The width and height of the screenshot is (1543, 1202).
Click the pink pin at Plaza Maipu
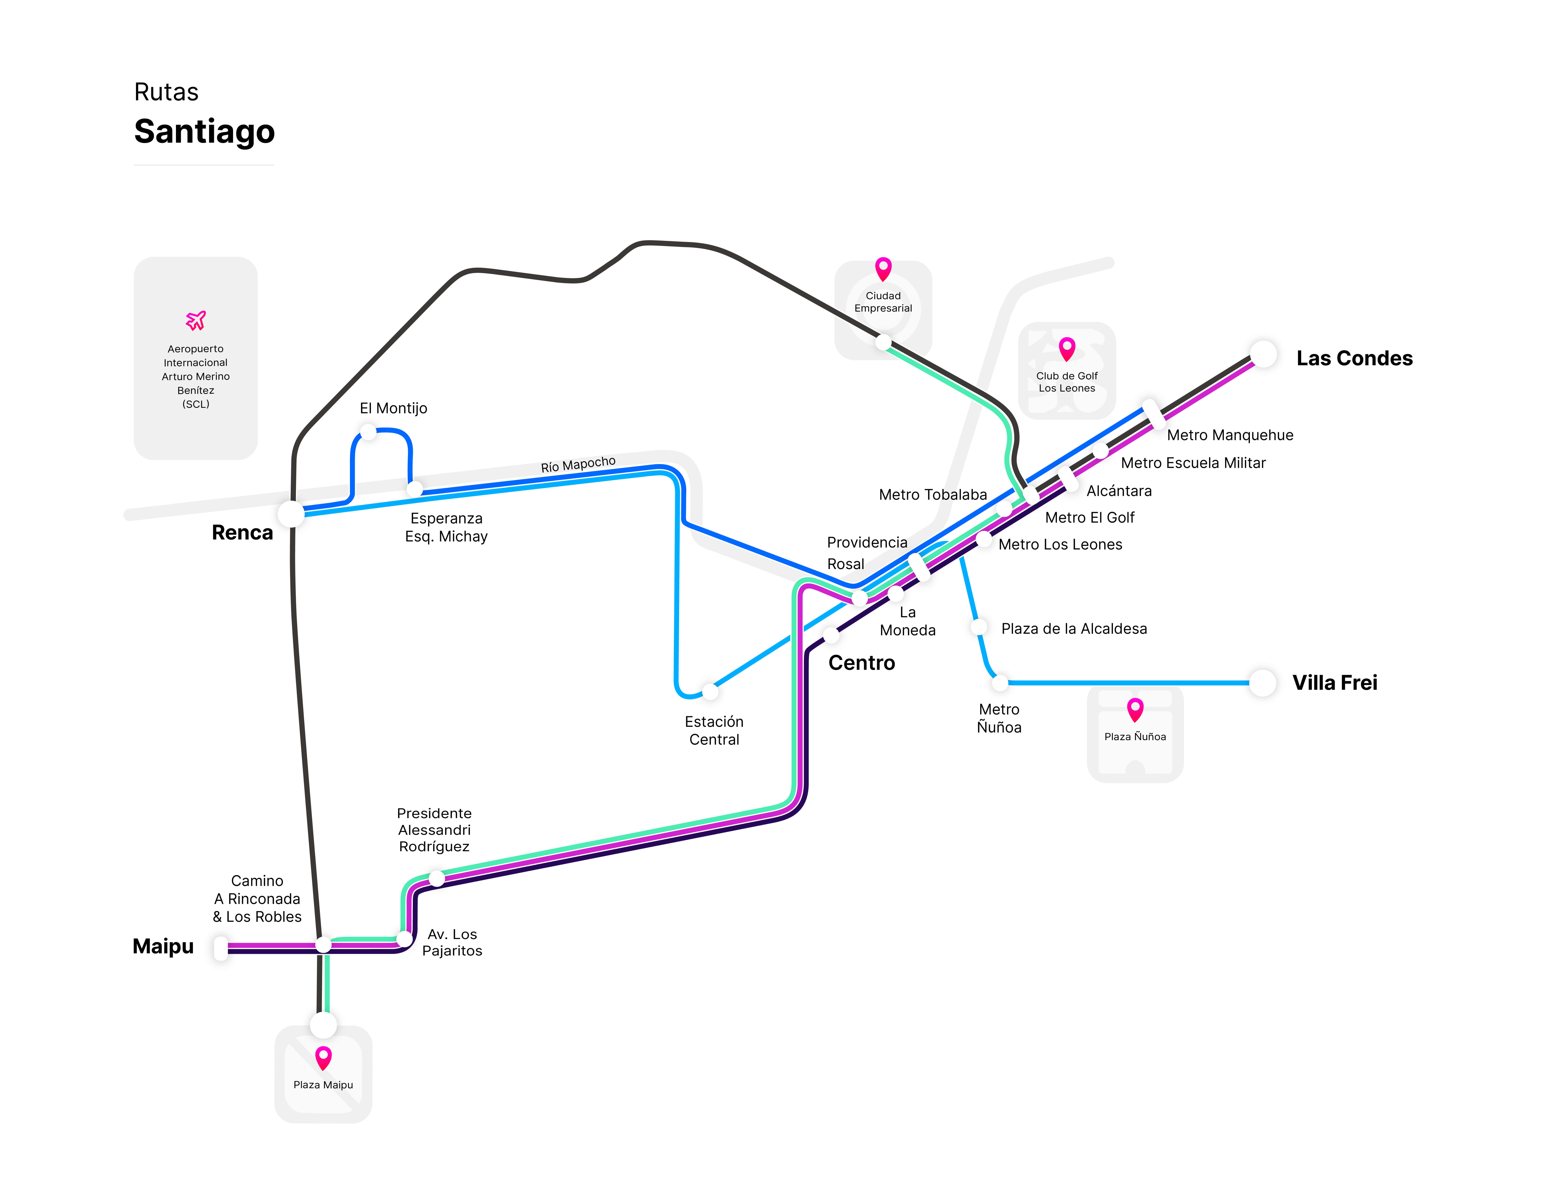pos(323,1058)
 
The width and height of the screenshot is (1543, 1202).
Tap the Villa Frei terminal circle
pos(1263,683)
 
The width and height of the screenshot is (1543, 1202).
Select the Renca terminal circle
pos(291,514)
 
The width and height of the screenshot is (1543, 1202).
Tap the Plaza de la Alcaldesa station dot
pos(979,627)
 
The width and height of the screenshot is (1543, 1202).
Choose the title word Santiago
pos(204,131)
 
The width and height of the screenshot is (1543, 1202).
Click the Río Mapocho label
pos(578,464)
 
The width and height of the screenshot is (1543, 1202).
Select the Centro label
pos(861,663)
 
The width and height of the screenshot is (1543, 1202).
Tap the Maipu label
pos(163,946)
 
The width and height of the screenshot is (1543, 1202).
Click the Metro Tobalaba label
pos(933,495)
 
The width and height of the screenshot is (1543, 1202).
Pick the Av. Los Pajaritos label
pos(452,943)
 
